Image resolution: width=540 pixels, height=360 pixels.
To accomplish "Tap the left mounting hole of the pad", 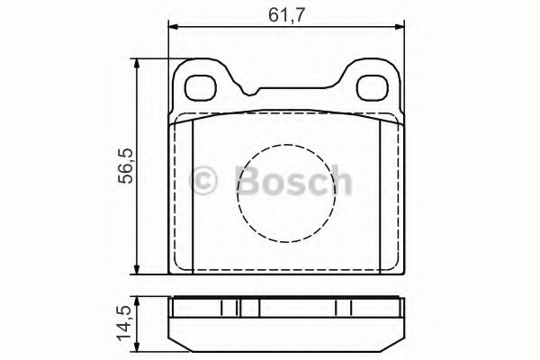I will pos(200,87).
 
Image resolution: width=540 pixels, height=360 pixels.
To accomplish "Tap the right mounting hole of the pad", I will pos(371,87).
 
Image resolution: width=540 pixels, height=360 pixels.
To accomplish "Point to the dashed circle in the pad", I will pos(281,193).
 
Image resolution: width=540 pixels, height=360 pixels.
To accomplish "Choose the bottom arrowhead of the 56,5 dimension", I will pos(136,270).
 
